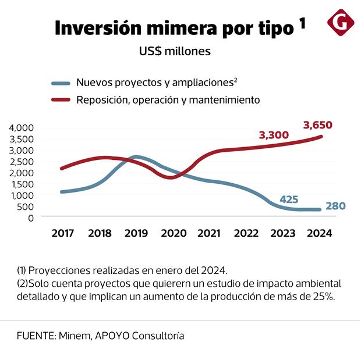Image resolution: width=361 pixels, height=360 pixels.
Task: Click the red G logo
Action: [x=341, y=23]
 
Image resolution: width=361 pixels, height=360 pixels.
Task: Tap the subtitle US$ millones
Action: [x=175, y=51]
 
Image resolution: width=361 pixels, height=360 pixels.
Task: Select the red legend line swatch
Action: [x=60, y=100]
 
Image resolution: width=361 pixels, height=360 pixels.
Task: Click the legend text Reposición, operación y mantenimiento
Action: [x=168, y=100]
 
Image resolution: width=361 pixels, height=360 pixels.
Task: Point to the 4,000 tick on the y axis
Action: [x=22, y=127]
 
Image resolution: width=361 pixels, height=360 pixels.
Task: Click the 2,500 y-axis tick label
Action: [x=22, y=161]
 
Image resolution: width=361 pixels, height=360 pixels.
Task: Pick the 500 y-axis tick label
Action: [x=26, y=206]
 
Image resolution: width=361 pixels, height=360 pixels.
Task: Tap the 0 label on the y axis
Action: [x=31, y=218]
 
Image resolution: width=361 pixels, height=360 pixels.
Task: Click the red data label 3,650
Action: [x=318, y=124]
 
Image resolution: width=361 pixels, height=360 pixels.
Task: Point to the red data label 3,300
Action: [x=273, y=135]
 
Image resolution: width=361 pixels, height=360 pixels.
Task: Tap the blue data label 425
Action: [x=289, y=199]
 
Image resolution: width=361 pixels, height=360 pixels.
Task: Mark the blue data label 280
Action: [x=337, y=206]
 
